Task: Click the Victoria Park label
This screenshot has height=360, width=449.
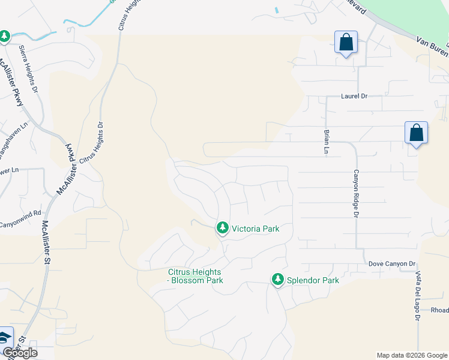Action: tap(256, 229)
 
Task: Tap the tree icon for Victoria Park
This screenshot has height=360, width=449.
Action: tap(223, 228)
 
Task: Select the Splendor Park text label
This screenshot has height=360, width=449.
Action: tap(313, 280)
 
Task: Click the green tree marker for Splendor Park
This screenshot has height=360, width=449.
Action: tap(277, 279)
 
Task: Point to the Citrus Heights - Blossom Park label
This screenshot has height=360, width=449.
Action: tap(195, 276)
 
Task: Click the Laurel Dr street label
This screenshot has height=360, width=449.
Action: tap(354, 95)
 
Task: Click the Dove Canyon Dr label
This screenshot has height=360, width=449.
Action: tap(392, 263)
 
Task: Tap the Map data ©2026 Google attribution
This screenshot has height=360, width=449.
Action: tap(412, 355)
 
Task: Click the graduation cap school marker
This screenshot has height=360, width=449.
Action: tap(5, 337)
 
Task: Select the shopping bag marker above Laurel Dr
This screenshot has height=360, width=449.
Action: tap(346, 43)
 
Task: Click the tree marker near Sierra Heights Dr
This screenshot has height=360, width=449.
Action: tap(5, 37)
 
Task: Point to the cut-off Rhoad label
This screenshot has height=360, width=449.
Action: tap(439, 310)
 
